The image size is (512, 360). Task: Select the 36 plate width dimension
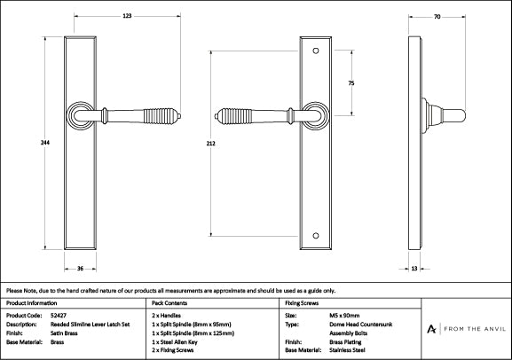coord(80,266)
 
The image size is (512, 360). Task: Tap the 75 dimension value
coord(351,82)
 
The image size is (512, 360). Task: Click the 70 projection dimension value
coord(437,17)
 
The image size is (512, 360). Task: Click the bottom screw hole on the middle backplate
coord(318,236)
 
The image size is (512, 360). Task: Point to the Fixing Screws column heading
coord(302,302)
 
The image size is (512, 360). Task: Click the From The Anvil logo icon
coord(431,329)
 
